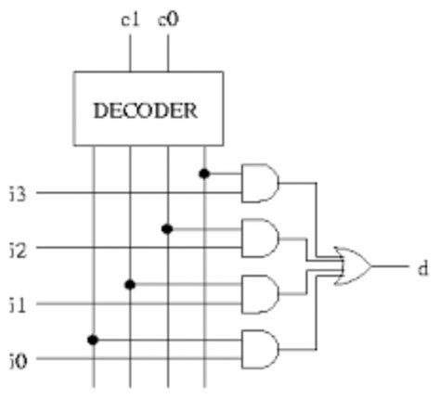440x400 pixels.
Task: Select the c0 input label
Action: click(x=168, y=18)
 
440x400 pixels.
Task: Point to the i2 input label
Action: click(x=17, y=248)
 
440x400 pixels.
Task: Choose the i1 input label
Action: click(x=17, y=303)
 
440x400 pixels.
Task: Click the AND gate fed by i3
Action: click(x=259, y=183)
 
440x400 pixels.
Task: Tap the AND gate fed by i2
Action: click(x=259, y=239)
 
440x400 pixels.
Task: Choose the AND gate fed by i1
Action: click(x=259, y=293)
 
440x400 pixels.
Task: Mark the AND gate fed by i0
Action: click(x=259, y=348)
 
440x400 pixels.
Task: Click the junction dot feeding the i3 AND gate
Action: click(x=204, y=174)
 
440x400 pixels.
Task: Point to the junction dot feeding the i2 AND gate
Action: click(x=167, y=228)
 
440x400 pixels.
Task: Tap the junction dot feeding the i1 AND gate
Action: click(x=130, y=284)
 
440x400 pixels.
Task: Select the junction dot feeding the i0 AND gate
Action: click(x=93, y=339)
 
